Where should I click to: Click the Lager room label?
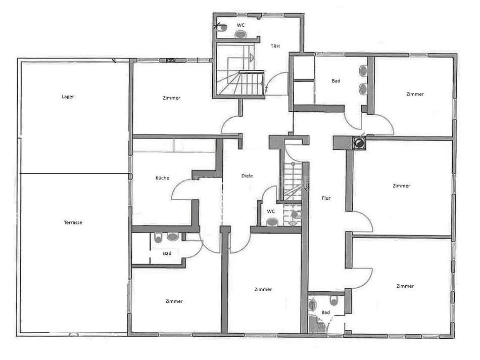68,96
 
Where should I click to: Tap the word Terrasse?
73,222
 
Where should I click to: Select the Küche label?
162,178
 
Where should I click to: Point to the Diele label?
247,176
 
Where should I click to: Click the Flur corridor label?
326,198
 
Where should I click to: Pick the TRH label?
275,46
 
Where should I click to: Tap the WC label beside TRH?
241,25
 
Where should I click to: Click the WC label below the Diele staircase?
271,211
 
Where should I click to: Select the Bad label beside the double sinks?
336,81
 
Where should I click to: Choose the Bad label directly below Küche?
167,253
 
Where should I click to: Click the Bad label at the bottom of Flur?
326,312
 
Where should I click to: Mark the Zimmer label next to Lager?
172,98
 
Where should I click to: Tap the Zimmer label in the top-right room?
415,94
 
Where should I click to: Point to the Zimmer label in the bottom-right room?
405,286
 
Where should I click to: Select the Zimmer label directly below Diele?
263,289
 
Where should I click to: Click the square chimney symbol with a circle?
359,144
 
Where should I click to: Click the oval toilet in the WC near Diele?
272,221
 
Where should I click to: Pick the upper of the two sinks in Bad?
363,70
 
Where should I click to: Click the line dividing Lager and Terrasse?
73,174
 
